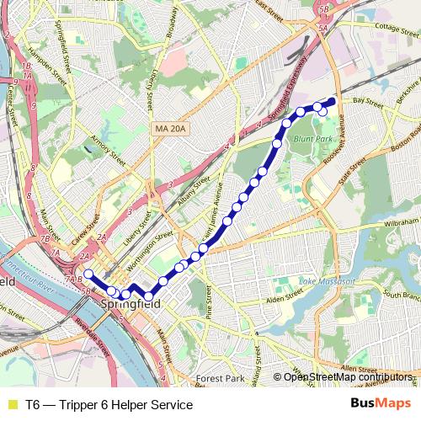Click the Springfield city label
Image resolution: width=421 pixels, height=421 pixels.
[x=127, y=304]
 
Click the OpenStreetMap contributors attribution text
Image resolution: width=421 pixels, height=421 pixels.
[x=348, y=377]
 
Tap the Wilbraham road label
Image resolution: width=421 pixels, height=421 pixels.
[x=391, y=226]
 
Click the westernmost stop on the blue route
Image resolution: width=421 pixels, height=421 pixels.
[x=88, y=274]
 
